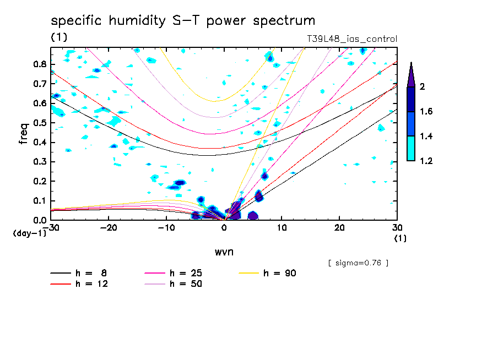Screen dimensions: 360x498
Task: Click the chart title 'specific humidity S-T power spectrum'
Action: coord(183,21)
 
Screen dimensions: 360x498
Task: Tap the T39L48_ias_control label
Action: coord(351,39)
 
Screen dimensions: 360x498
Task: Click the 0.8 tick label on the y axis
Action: coord(40,64)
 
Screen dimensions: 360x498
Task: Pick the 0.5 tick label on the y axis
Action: coord(40,123)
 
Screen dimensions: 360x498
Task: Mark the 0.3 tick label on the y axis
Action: coord(40,162)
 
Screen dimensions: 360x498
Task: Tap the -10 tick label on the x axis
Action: coord(166,228)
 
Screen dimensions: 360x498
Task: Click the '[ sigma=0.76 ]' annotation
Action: coord(358,263)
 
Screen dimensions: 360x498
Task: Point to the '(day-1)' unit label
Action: coord(29,233)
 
